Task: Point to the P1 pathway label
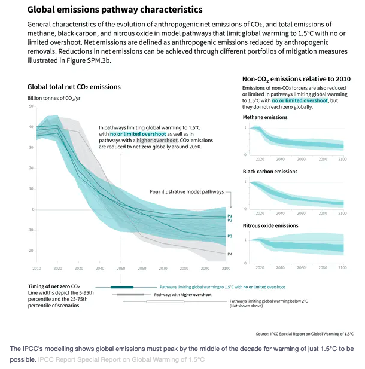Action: [x=230, y=215]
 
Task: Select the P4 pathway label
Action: [x=230, y=254]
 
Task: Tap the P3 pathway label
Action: [x=230, y=237]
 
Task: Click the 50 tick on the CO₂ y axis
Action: [x=31, y=106]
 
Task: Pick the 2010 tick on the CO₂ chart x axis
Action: [x=37, y=268]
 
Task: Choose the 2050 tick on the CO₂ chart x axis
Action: [x=121, y=268]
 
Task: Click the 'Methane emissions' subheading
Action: [x=265, y=117]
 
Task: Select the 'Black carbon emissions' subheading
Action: [x=270, y=172]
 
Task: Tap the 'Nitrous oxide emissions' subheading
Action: [x=270, y=225]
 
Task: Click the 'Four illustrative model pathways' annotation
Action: [x=186, y=192]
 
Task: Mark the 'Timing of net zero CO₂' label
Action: [x=53, y=286]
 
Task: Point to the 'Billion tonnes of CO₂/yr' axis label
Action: [x=53, y=97]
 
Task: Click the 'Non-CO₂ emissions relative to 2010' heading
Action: [x=296, y=79]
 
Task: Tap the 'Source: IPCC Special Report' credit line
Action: [x=305, y=333]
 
